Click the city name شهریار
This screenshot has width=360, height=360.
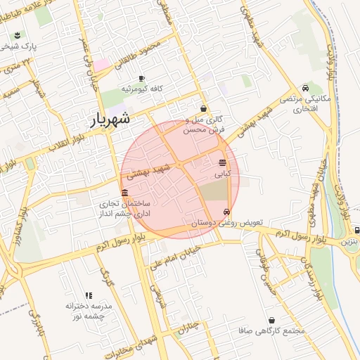(111, 120)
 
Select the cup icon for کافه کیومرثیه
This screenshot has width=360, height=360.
(142, 78)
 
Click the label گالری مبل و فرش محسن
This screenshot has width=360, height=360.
(203, 125)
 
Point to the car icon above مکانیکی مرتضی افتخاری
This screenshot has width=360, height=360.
(305, 89)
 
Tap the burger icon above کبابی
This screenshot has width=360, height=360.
(223, 162)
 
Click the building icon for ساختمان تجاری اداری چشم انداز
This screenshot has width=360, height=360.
(124, 193)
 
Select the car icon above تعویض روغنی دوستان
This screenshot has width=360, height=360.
(226, 212)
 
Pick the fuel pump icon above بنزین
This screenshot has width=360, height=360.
(357, 230)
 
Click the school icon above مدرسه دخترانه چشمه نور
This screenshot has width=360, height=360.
(89, 296)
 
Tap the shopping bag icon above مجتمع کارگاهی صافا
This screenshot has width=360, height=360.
(271, 320)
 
